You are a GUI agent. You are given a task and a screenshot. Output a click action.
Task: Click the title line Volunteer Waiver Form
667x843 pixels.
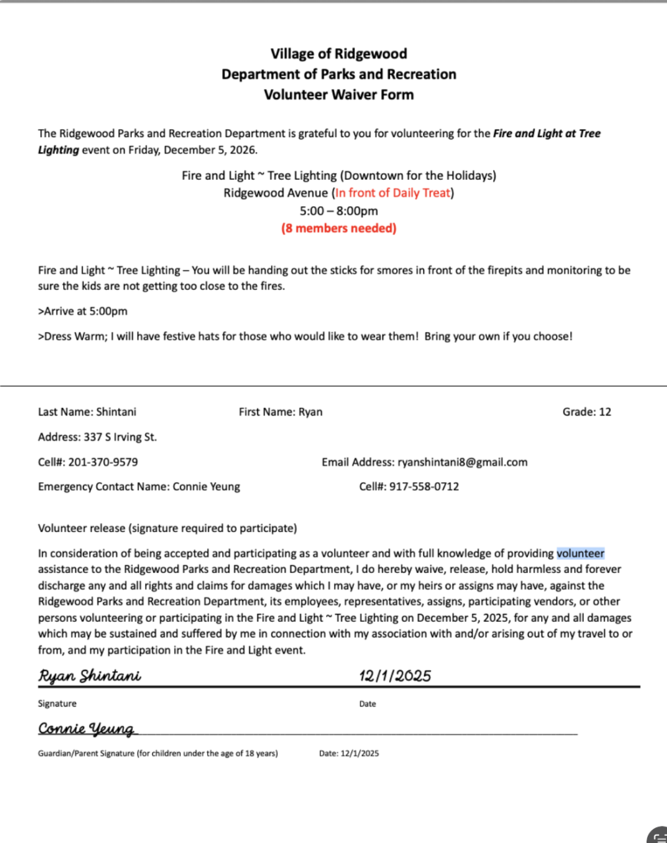coord(339,95)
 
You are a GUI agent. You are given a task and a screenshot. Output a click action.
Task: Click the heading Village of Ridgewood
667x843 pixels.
coord(339,54)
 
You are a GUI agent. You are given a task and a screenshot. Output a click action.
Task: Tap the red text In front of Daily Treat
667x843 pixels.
coord(393,193)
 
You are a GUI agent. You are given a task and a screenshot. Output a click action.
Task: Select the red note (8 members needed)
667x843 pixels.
coord(339,229)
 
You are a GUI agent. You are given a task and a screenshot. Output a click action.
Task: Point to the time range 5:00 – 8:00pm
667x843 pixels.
coord(339,211)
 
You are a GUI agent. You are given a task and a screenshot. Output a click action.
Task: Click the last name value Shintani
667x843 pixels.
coord(116,412)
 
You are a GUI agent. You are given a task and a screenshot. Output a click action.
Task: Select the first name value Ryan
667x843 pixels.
coord(310,412)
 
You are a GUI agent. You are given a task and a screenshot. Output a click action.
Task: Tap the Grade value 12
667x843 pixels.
coord(605,412)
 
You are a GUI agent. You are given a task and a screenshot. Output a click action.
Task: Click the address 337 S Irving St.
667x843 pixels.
coord(120,437)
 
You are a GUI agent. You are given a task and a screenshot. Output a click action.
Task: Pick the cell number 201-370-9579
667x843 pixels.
coord(103,462)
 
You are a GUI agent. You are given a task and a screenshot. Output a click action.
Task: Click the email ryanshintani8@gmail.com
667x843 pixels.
coord(462,462)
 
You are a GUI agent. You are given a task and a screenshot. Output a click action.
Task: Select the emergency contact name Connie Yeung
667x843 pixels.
coord(206,487)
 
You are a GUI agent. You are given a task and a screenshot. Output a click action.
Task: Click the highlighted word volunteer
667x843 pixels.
coord(580,554)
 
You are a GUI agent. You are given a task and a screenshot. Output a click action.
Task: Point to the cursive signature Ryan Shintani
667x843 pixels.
coord(90,676)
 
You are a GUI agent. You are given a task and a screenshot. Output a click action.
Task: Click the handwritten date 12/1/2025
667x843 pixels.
coord(395,676)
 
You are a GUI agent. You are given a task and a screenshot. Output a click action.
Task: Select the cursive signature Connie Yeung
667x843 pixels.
coord(86,728)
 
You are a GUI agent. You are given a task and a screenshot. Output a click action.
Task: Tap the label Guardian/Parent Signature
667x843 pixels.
coord(86,753)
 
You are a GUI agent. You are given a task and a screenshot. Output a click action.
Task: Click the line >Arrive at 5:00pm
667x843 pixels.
coord(83,312)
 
